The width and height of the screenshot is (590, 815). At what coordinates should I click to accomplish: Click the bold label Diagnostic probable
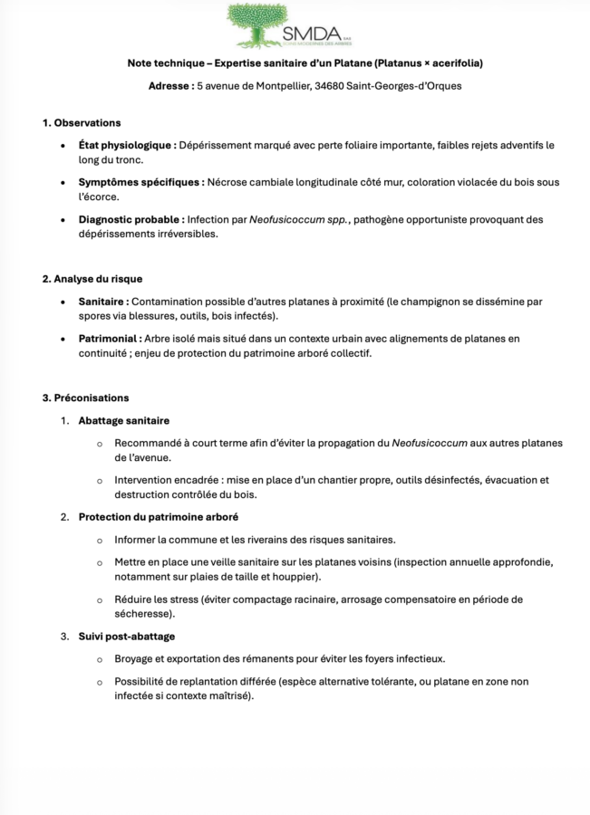click(x=131, y=219)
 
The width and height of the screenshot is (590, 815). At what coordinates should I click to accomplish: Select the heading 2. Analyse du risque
click(x=92, y=279)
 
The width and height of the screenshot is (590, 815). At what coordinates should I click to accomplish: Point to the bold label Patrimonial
click(x=109, y=339)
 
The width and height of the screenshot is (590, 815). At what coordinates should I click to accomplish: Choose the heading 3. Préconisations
click(x=85, y=398)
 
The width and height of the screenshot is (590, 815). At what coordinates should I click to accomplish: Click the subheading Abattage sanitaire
click(x=123, y=420)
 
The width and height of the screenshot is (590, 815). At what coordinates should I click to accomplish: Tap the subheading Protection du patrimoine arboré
click(x=158, y=516)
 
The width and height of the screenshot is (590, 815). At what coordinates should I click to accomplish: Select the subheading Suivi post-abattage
click(x=126, y=636)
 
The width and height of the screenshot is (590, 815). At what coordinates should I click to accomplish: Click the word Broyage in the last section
click(x=133, y=658)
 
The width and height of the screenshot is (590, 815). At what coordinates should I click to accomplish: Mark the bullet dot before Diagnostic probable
click(x=62, y=219)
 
